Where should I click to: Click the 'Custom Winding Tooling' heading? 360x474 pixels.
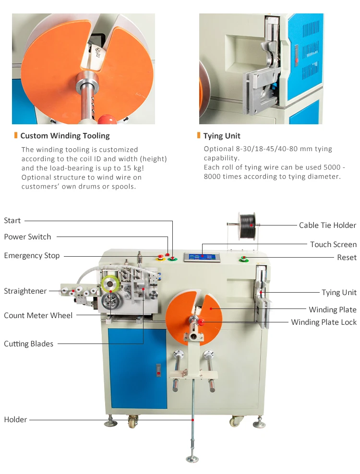pos(65,136)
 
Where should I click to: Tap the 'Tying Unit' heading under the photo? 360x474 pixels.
pos(222,136)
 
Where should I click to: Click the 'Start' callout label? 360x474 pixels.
pos(12,221)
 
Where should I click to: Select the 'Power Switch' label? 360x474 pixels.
pos(27,237)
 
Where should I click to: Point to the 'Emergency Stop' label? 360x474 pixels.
pos(32,256)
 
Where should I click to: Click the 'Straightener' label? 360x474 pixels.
pos(25,291)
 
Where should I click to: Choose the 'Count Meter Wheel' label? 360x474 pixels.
pos(38,316)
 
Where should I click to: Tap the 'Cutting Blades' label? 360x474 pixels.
pos(29,344)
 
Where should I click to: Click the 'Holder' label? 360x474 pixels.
pos(16,420)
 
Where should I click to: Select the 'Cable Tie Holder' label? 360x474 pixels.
pos(327,225)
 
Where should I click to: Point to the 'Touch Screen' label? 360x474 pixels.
pos(333,245)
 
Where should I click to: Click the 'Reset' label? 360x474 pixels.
pos(347,258)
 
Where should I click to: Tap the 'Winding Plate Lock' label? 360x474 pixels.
pos(324,322)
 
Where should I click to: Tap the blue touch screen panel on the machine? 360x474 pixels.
pos(202,256)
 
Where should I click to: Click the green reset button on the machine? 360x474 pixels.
pos(244,260)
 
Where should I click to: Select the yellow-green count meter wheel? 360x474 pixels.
pos(111,284)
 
